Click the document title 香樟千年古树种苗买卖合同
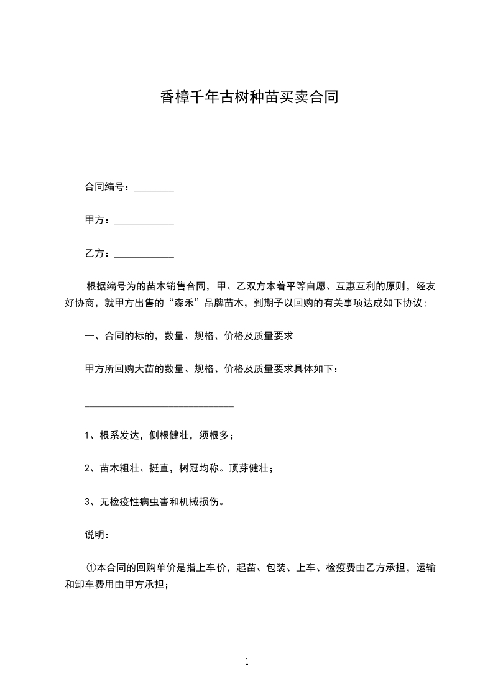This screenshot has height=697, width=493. (249, 98)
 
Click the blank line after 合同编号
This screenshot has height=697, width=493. (154, 190)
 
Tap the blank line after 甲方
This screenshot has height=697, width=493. (144, 224)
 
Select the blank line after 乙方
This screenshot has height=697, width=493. (144, 257)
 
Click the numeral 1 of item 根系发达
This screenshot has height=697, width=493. (88, 435)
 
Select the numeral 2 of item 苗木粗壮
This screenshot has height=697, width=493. (88, 469)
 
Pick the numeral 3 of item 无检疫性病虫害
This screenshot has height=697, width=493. (88, 502)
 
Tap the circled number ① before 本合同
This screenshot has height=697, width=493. (91, 568)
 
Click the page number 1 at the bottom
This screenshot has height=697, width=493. (247, 662)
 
